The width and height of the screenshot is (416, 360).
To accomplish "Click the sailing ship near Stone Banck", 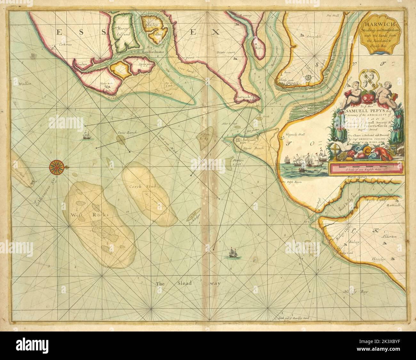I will click(x=86, y=135).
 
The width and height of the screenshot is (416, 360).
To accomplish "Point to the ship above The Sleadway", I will click(x=232, y=253).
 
